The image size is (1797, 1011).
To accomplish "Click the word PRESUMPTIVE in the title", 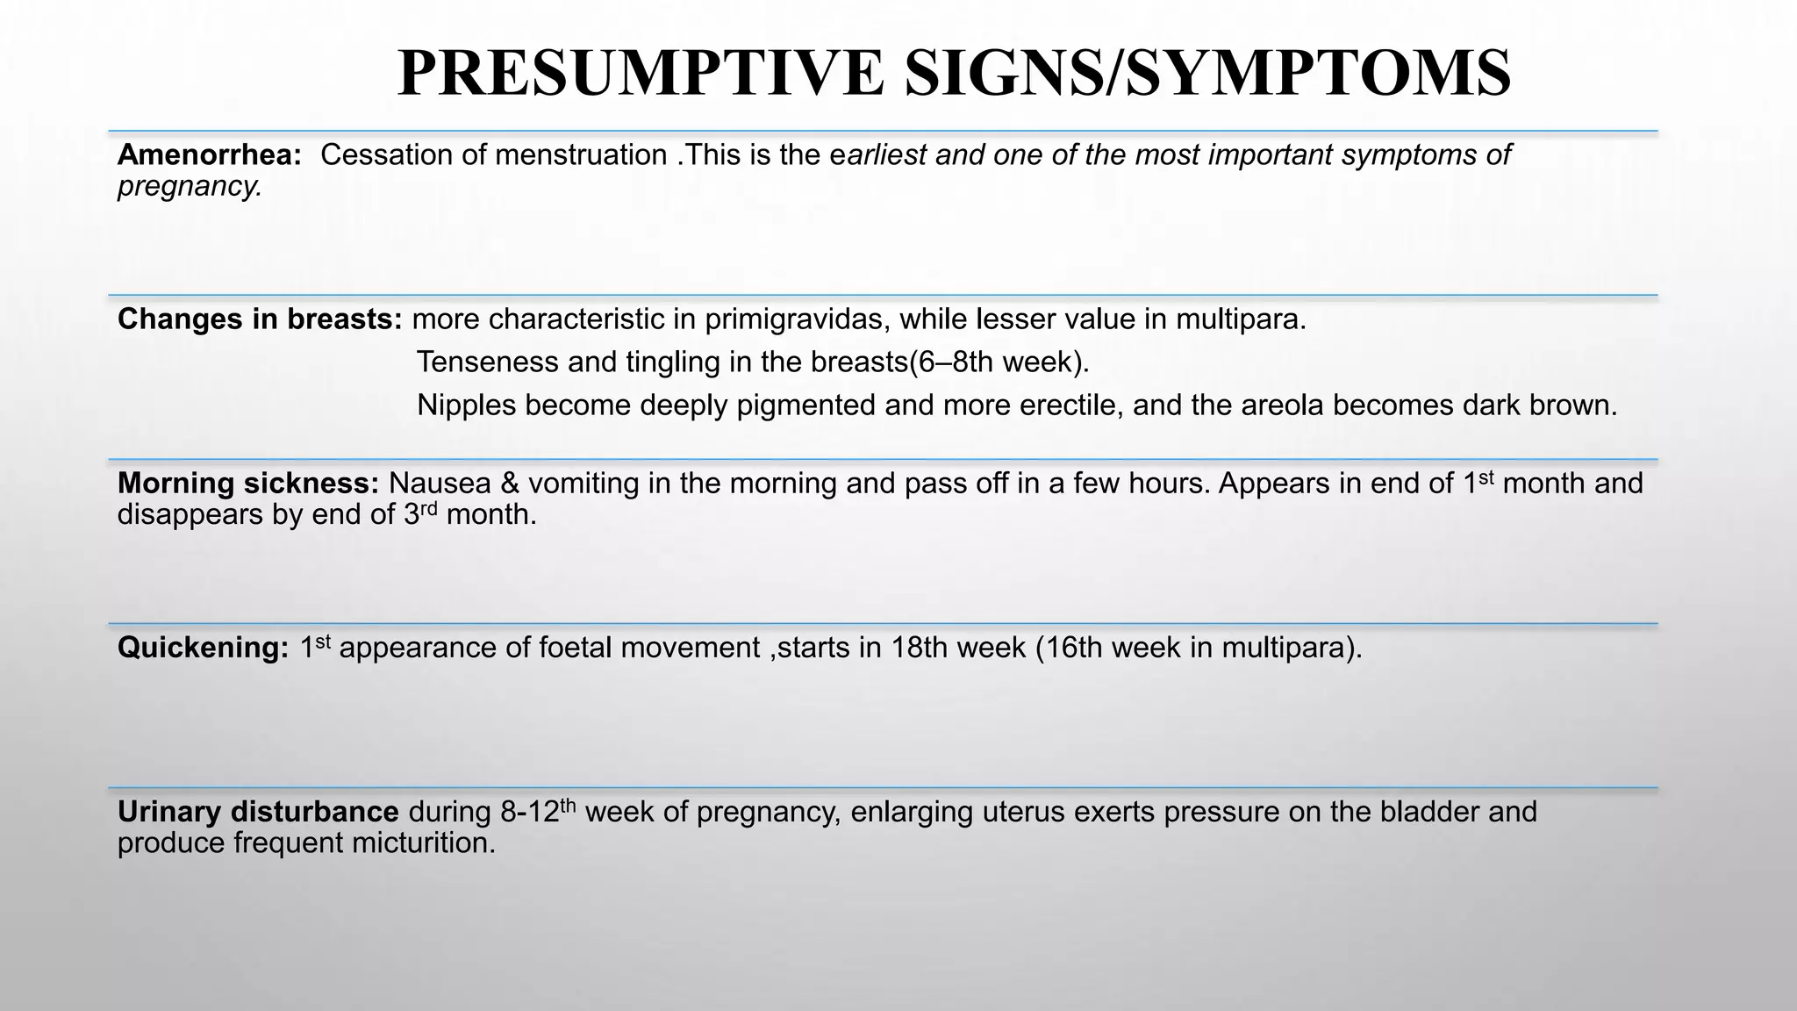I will tap(641, 74).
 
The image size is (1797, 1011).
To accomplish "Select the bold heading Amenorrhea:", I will tap(210, 155).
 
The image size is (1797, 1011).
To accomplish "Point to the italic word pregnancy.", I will tap(190, 186).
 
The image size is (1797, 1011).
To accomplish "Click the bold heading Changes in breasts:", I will tap(260, 319).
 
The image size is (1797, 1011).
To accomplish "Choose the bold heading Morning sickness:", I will tap(248, 484).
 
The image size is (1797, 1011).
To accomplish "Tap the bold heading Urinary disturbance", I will tap(258, 813).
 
